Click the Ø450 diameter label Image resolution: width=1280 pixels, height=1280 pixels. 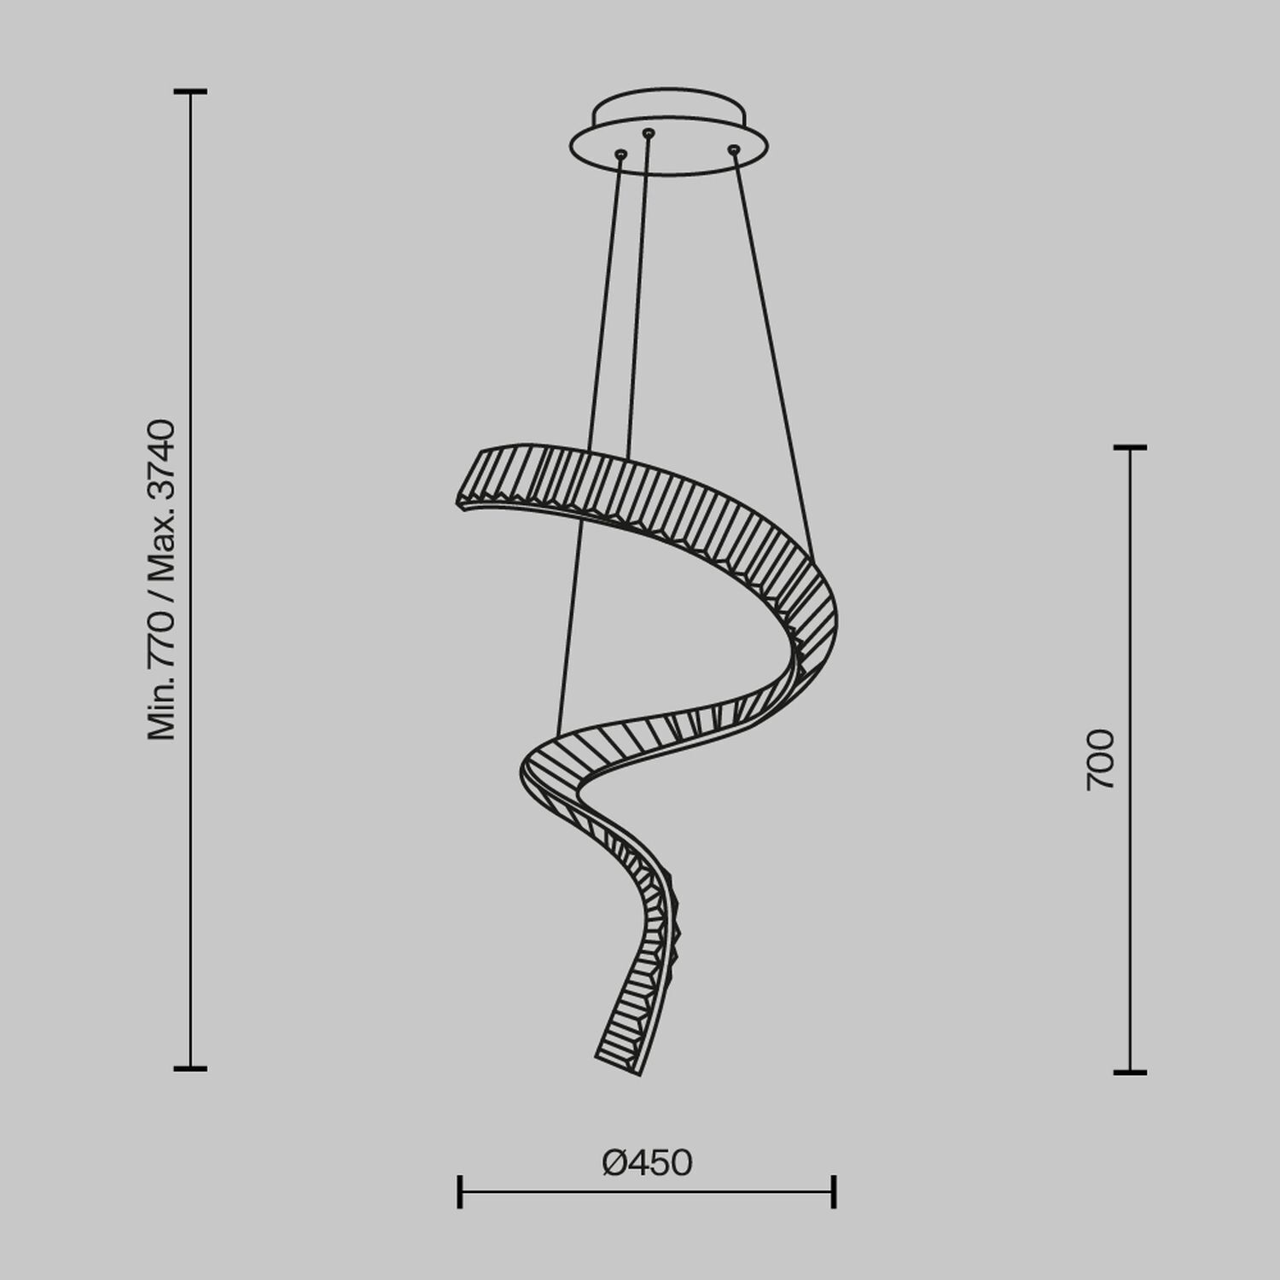(647, 1163)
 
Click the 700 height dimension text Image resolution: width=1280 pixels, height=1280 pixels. (1100, 759)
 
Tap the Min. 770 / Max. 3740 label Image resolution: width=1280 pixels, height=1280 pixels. (161, 579)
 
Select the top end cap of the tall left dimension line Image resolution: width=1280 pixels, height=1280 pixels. (190, 91)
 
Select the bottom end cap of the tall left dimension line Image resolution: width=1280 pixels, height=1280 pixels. (190, 1068)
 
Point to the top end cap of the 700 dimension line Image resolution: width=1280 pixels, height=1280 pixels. (1130, 447)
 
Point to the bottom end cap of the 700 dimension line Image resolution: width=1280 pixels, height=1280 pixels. (1130, 1072)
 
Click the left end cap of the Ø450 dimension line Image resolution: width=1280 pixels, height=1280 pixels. (460, 1191)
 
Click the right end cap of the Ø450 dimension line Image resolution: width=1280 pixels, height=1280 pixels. (834, 1191)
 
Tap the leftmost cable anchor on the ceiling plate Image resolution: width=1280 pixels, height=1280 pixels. (620, 154)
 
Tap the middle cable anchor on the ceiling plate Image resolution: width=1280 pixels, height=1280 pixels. (649, 133)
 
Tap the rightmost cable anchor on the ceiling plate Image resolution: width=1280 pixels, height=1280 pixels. (733, 150)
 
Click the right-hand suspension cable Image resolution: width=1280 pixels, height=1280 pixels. (772, 350)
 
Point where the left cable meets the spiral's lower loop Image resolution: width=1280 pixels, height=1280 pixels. (558, 736)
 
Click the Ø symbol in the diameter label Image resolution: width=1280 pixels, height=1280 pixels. (615, 1163)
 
